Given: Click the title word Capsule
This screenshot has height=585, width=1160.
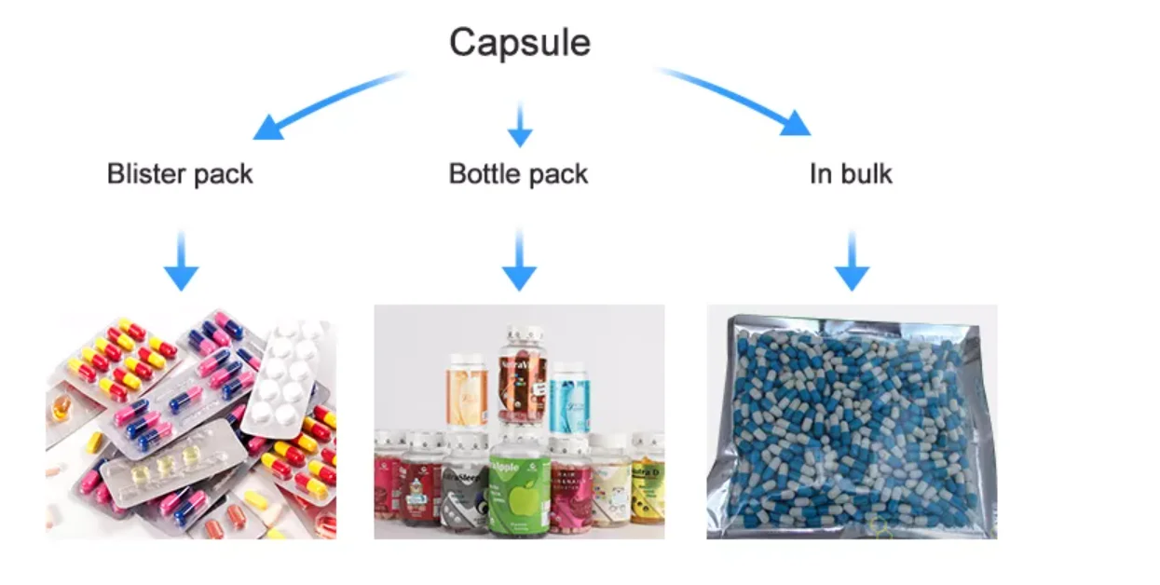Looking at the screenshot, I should (x=519, y=43).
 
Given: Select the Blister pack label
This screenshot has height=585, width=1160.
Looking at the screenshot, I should (x=180, y=174).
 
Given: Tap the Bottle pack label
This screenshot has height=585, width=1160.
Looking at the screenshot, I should (x=518, y=174).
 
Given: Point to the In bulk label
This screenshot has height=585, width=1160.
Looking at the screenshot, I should (x=851, y=174).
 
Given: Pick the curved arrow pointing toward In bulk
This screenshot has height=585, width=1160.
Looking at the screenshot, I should (x=736, y=97).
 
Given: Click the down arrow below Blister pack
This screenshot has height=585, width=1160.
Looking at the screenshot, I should (x=181, y=262).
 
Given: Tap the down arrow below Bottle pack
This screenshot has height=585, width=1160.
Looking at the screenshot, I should (x=519, y=262).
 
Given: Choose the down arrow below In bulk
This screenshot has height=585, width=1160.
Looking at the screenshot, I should (x=852, y=262).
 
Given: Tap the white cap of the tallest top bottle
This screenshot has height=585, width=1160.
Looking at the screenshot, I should (x=525, y=333).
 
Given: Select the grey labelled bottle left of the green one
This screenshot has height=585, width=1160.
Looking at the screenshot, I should (x=464, y=488).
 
